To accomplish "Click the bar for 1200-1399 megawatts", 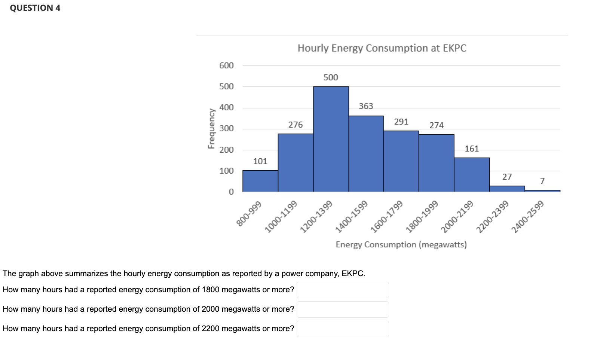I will (x=331, y=139).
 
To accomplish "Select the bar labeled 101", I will (x=260, y=181).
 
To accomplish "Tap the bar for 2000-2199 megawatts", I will (x=472, y=175).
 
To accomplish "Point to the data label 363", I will (x=366, y=106).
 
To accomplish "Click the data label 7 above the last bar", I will (x=542, y=181).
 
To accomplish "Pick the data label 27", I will (x=507, y=177).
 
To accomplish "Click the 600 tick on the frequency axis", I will (x=226, y=65).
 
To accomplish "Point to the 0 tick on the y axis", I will (x=231, y=192).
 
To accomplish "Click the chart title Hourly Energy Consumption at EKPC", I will (x=382, y=48).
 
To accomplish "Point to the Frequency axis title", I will (x=212, y=129).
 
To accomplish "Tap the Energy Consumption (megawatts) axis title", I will (x=401, y=245).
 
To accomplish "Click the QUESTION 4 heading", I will (x=35, y=8).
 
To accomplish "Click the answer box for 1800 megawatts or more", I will (x=343, y=290).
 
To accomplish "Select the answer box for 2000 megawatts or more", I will (x=343, y=309).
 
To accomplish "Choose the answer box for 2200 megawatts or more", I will (x=343, y=329).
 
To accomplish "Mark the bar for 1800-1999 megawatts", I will (x=437, y=163).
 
